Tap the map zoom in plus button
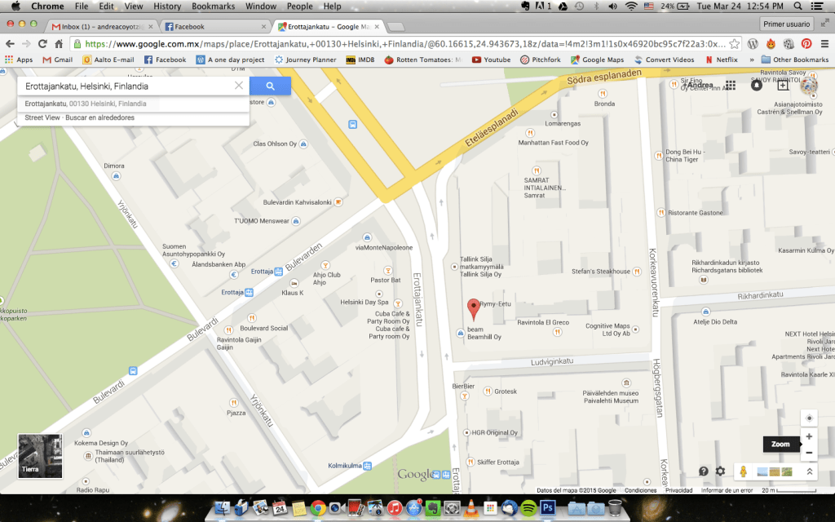click(x=809, y=436)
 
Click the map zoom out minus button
click(x=809, y=453)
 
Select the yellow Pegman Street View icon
click(x=743, y=471)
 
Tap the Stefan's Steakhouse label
click(x=601, y=272)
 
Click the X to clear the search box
click(x=239, y=86)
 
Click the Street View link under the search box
click(x=42, y=118)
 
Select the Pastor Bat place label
click(x=385, y=280)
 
